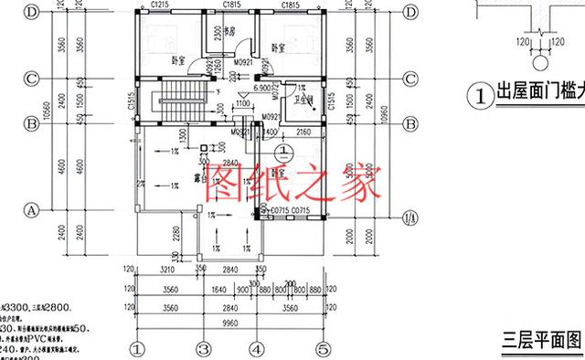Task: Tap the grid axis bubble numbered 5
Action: pos(322,348)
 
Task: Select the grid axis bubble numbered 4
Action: pos(260,348)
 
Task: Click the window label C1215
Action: pos(162,5)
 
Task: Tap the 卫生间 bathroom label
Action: pos(295,102)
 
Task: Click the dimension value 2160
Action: pos(303,132)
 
